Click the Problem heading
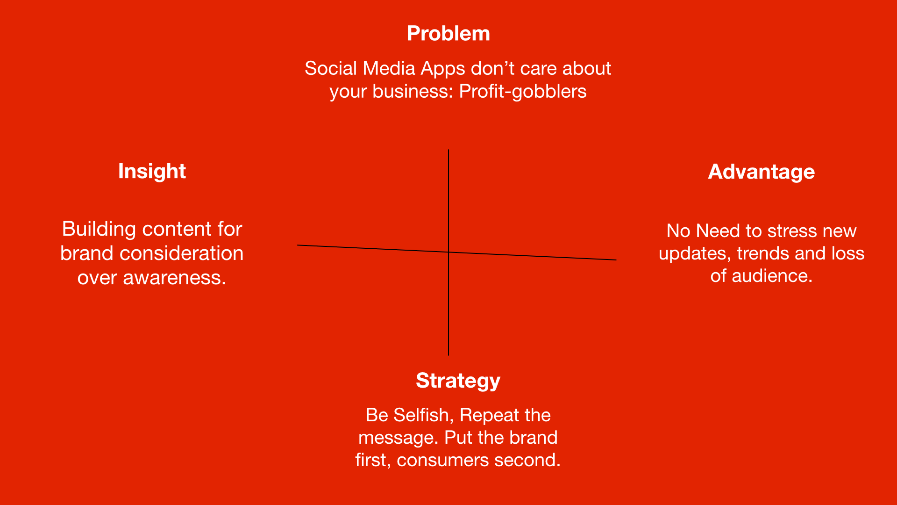pos(448,34)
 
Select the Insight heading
pos(152,172)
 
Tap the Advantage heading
pos(761,172)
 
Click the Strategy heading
pos(458,381)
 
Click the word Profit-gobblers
pos(522,92)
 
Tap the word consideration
pos(181,253)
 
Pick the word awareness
pos(174,278)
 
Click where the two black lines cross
pos(448,252)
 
